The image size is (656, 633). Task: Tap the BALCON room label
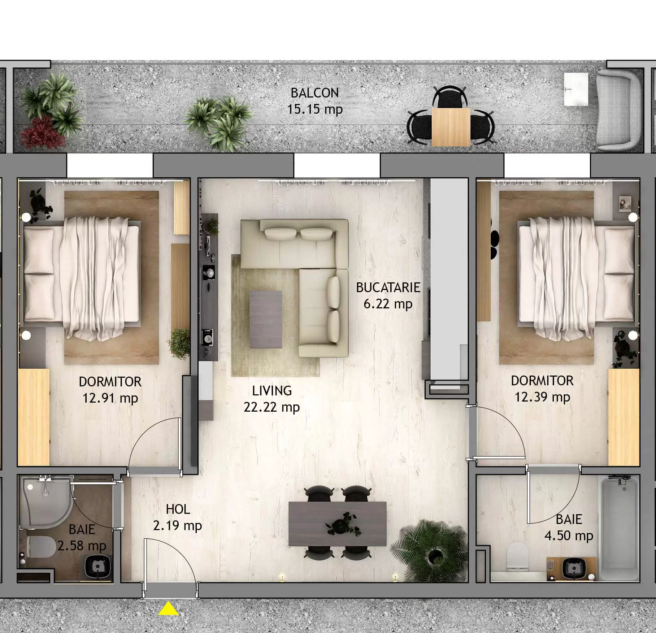(x=314, y=93)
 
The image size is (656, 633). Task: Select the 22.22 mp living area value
(x=271, y=407)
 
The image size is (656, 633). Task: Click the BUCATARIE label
(x=388, y=287)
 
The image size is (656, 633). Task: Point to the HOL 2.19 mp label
(x=177, y=517)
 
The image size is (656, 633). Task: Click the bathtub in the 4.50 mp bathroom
(x=619, y=527)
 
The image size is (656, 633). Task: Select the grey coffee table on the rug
(x=266, y=319)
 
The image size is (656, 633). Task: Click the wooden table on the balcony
(x=451, y=127)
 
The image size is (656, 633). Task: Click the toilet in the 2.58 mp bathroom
(x=40, y=546)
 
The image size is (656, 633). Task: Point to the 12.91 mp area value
(x=110, y=398)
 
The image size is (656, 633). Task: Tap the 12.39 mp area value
(x=542, y=397)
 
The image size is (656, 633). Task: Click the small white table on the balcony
(x=576, y=89)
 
